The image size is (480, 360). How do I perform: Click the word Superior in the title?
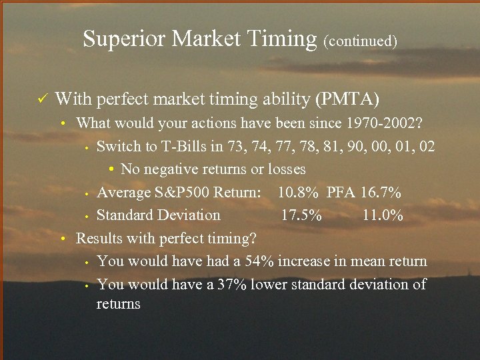[x=125, y=39]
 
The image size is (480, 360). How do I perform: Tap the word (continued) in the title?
[x=361, y=41]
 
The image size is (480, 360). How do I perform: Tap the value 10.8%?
[x=299, y=193]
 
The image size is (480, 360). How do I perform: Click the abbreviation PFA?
[x=342, y=193]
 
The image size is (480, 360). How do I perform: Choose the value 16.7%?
[x=381, y=193]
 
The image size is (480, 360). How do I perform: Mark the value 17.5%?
[x=301, y=215]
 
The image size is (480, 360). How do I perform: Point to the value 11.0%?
[x=383, y=215]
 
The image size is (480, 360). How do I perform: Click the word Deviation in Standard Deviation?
[x=189, y=215]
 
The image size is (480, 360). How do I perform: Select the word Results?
[x=99, y=238]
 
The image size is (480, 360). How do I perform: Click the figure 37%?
[x=231, y=284]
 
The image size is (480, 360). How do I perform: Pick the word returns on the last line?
[x=119, y=304]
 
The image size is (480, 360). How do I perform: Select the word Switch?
[x=118, y=146]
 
